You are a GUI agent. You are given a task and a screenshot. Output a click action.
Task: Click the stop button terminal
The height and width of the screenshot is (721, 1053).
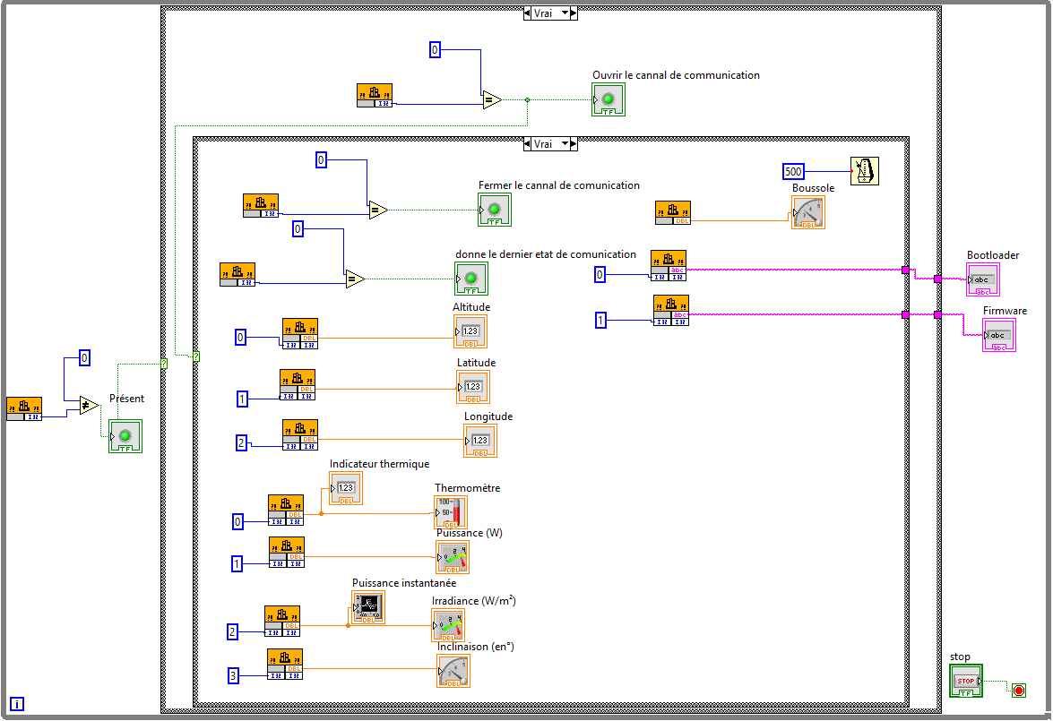click(965, 681)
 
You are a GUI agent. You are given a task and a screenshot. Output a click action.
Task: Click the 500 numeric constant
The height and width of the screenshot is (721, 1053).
click(793, 171)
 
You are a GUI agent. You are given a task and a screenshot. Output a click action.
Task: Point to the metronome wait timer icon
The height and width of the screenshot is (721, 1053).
click(865, 170)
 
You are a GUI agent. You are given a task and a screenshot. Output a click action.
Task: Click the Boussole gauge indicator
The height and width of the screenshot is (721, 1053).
click(808, 212)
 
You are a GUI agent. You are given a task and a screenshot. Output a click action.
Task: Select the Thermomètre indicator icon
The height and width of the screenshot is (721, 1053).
click(451, 511)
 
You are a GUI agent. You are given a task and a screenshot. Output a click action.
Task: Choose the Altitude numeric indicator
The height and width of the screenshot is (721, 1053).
click(470, 331)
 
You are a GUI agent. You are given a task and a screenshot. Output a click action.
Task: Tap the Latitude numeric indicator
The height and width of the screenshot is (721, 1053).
click(473, 387)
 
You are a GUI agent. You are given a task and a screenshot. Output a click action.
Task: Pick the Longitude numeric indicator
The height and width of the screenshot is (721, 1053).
click(480, 441)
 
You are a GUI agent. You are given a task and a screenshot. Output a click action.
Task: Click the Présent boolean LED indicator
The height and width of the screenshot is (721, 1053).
click(125, 436)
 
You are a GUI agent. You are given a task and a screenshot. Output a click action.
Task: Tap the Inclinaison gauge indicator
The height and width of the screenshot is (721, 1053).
click(453, 671)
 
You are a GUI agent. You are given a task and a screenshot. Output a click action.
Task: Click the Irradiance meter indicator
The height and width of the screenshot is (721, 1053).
click(448, 625)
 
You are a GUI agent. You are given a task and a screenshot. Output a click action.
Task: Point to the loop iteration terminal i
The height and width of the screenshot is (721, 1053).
click(17, 704)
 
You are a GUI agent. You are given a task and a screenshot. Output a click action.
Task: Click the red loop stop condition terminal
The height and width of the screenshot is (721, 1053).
click(1018, 690)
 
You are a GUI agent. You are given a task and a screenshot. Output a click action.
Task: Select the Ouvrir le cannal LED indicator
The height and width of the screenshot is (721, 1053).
click(608, 99)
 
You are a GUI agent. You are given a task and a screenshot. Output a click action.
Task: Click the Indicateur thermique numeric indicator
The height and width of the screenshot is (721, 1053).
click(346, 488)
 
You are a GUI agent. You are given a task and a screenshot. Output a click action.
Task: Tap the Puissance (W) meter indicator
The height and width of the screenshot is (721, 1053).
click(453, 557)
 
